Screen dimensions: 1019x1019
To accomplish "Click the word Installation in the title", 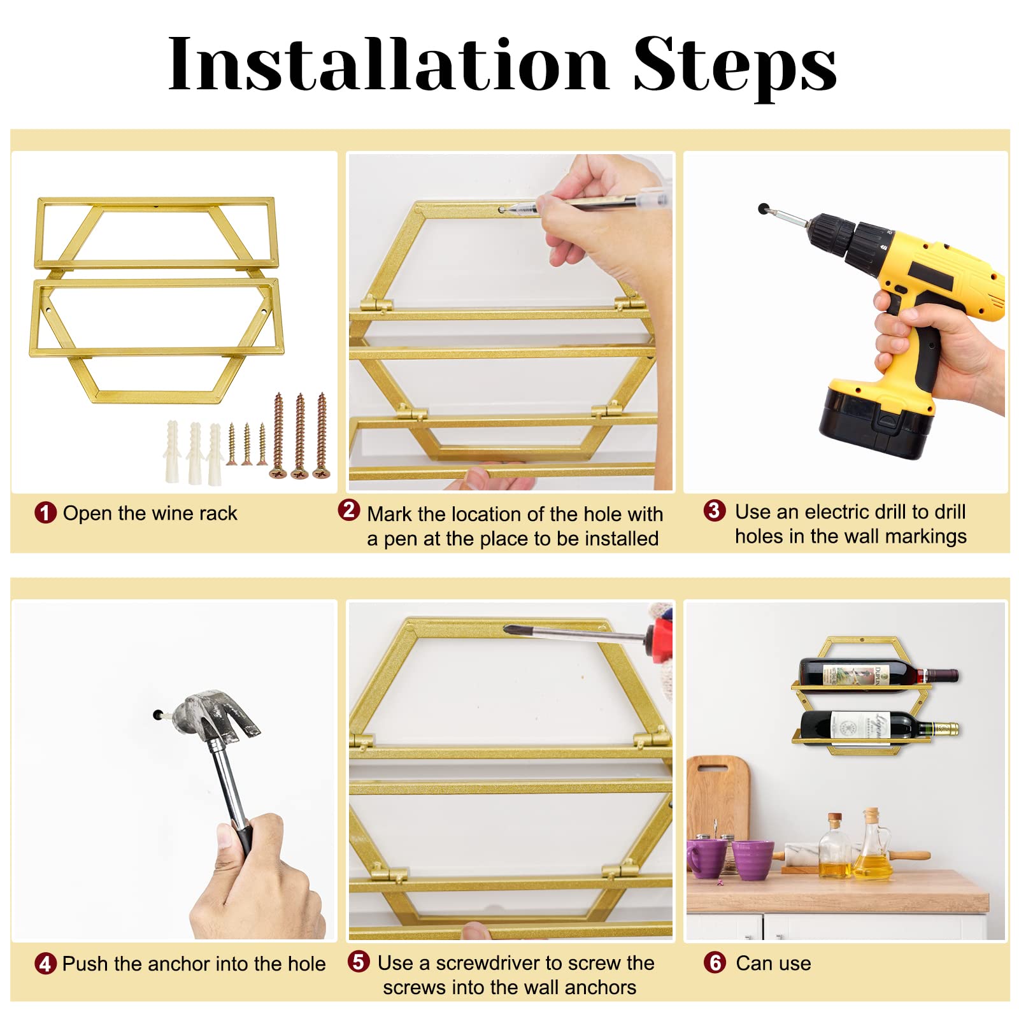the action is coord(388,64).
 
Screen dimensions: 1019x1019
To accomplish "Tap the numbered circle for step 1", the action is coord(45,513).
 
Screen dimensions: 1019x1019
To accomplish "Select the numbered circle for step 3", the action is coord(714,510).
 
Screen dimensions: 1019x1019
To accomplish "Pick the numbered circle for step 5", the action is coord(359,962).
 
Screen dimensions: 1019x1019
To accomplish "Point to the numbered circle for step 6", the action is coord(714,962).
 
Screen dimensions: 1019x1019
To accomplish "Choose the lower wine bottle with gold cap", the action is coord(879,727).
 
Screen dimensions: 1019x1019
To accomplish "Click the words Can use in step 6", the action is coord(773,963).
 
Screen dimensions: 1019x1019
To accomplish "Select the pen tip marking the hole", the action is coord(503,209).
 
